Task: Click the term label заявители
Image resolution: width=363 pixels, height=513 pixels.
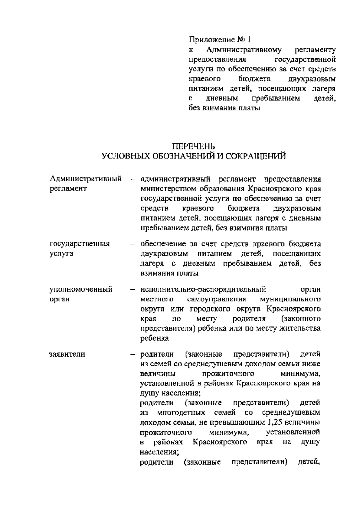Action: click(67, 354)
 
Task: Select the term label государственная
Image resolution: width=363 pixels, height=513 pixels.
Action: click(80, 244)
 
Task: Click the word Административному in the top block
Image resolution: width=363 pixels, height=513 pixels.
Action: click(244, 50)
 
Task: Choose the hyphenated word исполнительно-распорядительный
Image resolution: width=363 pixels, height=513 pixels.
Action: click(203, 289)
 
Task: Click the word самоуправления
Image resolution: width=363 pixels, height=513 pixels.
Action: click(217, 299)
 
